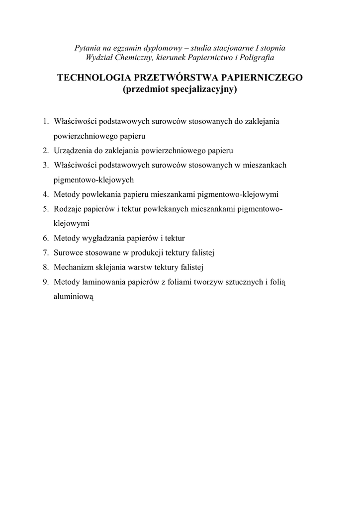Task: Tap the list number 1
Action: point(45,121)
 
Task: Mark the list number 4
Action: point(45,194)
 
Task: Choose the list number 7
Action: point(45,253)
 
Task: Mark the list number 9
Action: point(45,282)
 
